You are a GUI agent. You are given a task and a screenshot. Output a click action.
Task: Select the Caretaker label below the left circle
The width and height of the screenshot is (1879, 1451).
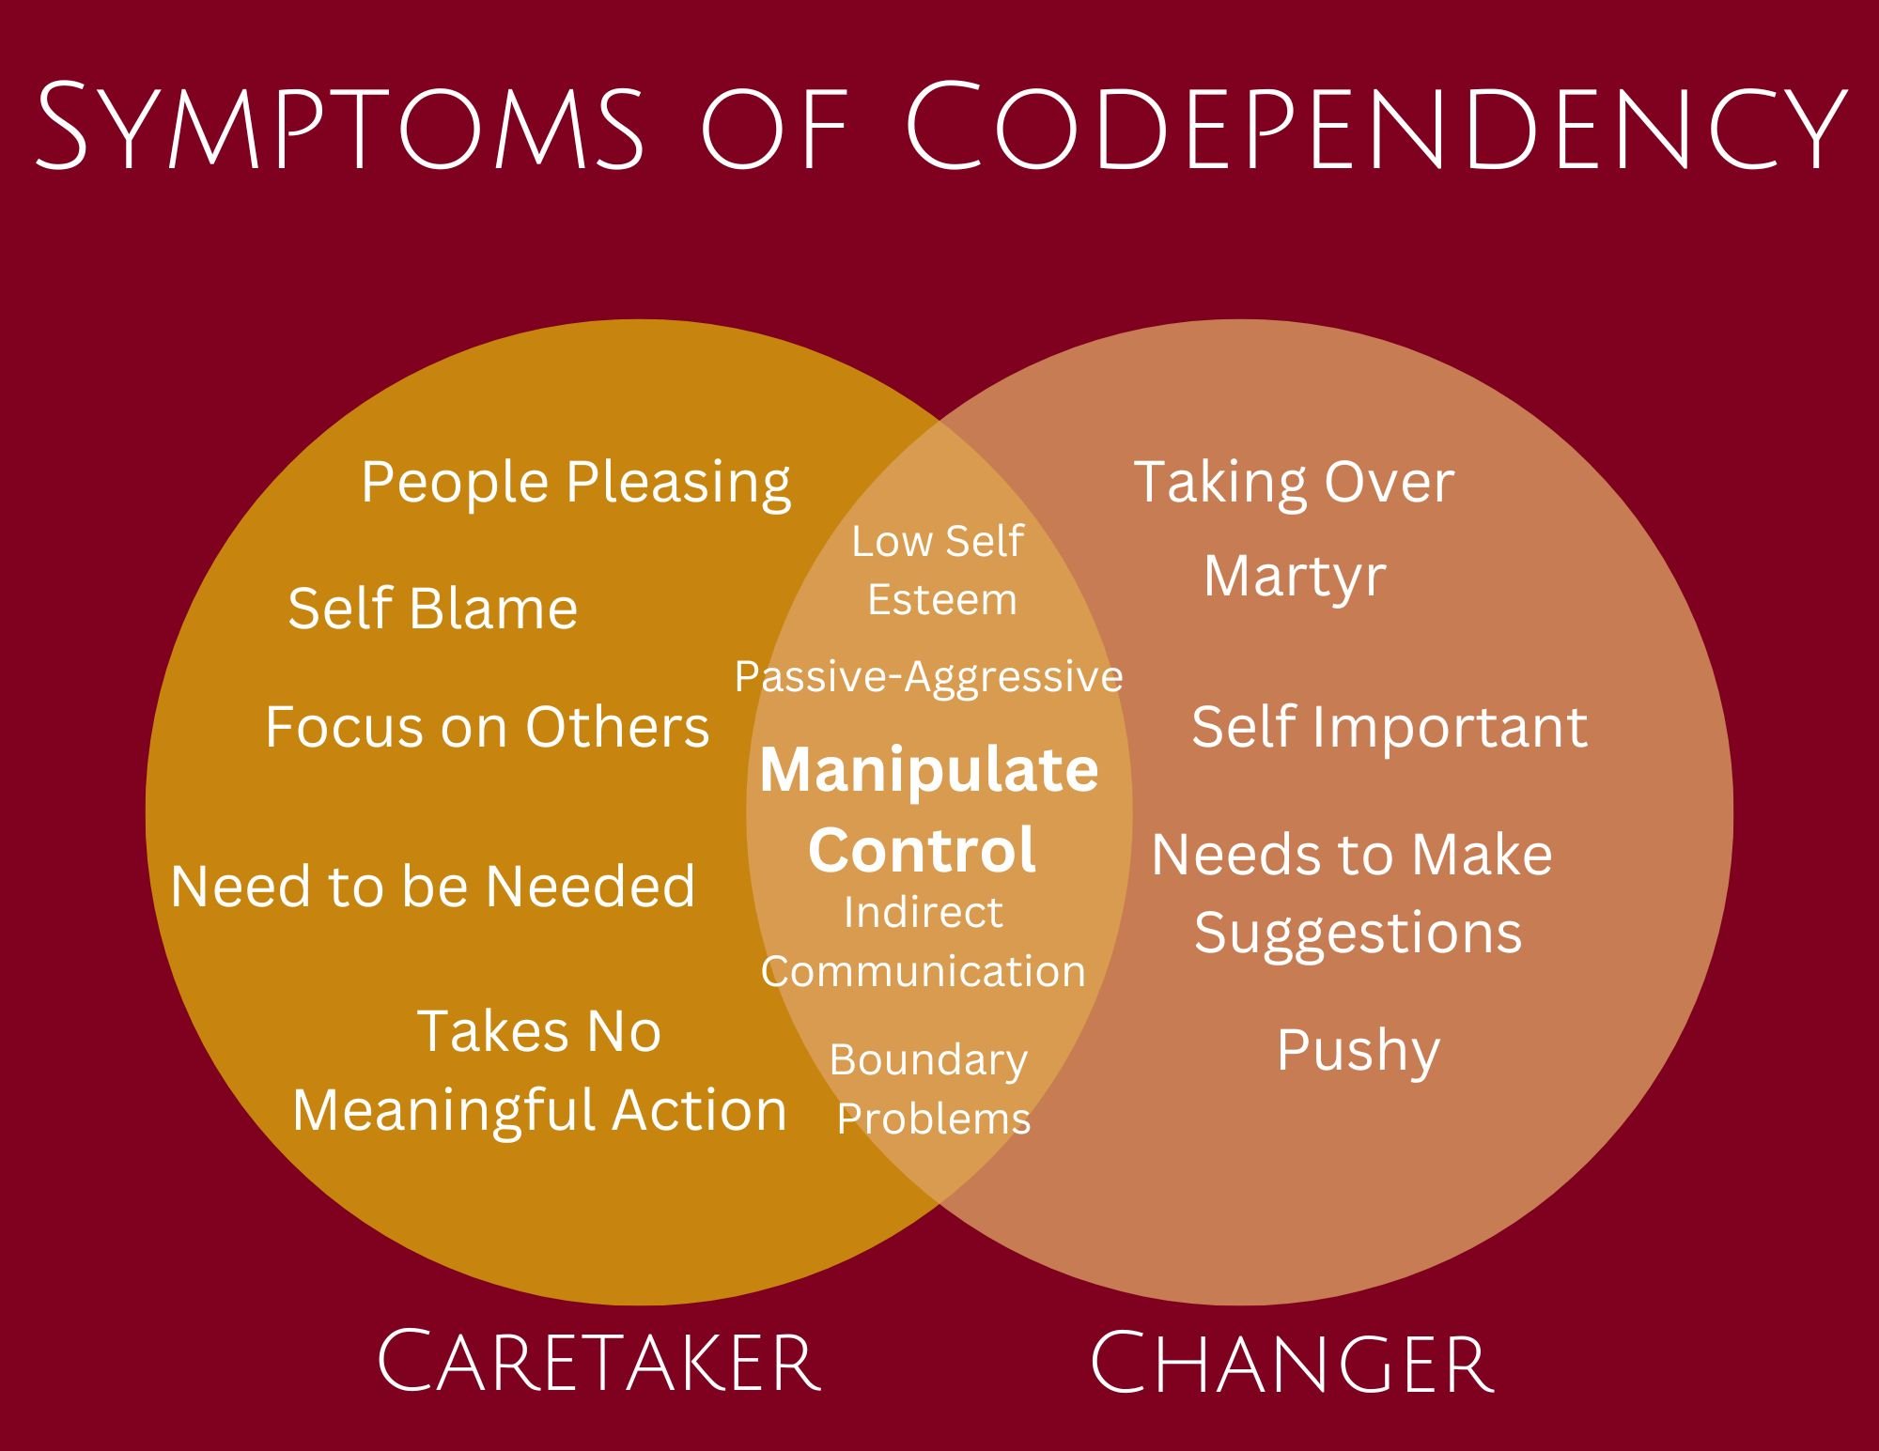598,1361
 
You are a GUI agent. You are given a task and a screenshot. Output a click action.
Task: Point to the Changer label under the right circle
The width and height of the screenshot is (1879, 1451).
1291,1361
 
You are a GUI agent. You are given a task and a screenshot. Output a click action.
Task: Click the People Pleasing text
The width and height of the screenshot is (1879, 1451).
576,483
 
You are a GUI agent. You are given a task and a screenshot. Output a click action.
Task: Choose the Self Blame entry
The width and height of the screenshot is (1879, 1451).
432,609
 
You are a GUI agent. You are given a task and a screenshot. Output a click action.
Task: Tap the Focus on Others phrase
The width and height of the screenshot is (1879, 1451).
487,727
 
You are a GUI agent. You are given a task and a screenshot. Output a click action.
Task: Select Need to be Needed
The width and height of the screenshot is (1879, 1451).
433,886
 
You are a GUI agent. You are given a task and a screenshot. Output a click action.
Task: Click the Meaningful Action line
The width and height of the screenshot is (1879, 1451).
539,1110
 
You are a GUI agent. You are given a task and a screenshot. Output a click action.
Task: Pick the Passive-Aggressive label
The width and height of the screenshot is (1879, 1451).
928,676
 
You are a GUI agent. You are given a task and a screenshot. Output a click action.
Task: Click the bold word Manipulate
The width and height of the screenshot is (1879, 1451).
928,770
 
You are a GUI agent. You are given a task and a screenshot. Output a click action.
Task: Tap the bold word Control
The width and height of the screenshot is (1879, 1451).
922,849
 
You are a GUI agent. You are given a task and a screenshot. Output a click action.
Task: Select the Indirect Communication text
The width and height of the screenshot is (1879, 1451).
923,941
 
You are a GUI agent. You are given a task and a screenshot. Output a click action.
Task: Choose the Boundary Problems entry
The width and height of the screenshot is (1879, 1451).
930,1089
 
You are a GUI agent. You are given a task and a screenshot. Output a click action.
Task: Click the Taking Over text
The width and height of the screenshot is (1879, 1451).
1294,483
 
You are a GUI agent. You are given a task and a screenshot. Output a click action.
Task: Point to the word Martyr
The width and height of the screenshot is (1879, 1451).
1295,576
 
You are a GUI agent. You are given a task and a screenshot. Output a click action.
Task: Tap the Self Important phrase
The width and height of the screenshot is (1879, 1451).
1390,727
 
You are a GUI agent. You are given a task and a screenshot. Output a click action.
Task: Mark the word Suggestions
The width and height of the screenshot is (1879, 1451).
1358,934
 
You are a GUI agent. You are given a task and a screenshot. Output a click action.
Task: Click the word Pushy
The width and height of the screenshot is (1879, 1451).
1358,1050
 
